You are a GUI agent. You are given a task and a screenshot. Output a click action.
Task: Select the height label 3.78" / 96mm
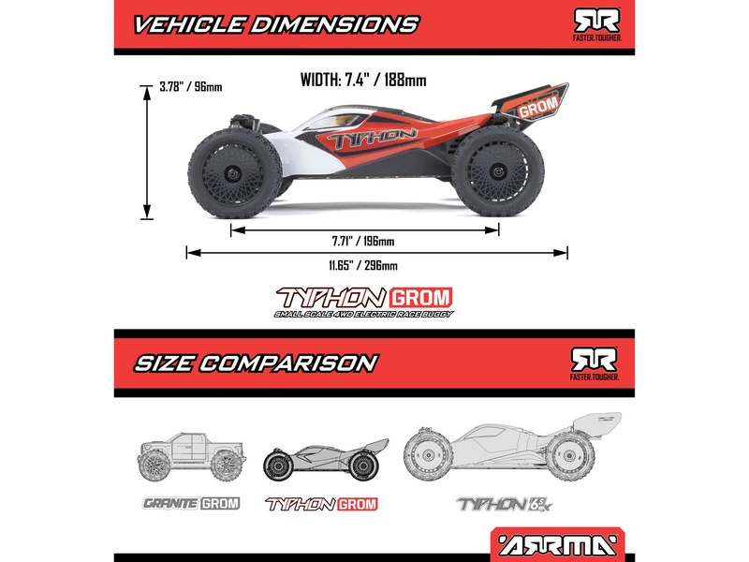pos(191,87)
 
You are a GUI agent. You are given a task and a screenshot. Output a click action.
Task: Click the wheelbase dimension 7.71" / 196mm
pos(363,241)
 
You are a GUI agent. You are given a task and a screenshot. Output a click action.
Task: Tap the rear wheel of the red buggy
pos(492,169)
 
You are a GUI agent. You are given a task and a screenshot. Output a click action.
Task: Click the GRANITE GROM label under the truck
pos(191,503)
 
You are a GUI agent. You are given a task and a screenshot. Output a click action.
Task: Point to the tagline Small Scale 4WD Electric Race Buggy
pos(362,314)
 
